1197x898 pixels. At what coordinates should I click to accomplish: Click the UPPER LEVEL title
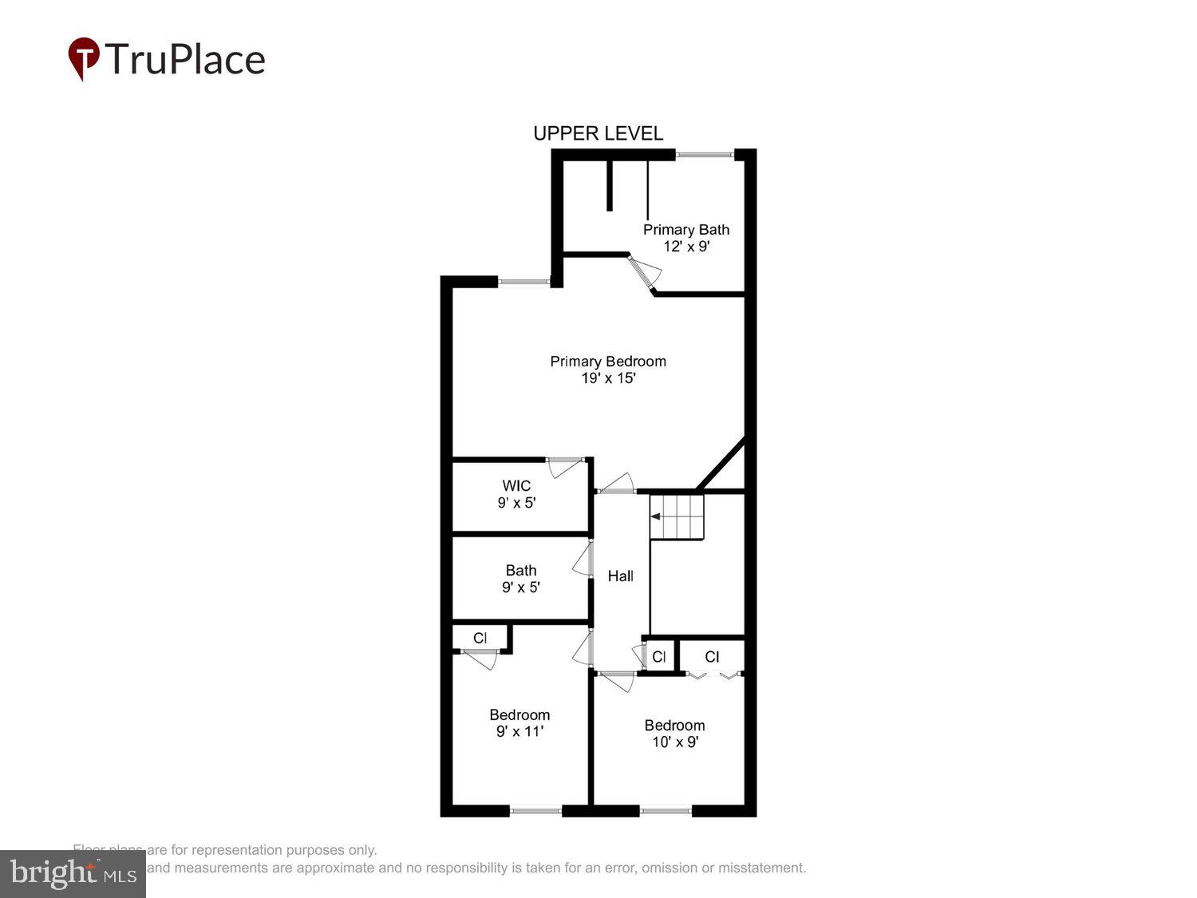(x=598, y=133)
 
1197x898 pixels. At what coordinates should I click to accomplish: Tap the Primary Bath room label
(x=686, y=230)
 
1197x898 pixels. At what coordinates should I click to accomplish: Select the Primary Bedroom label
(x=608, y=362)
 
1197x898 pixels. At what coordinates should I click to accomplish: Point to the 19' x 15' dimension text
(x=608, y=378)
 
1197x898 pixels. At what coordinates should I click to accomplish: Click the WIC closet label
(x=516, y=486)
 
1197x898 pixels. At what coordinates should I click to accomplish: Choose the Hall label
(x=621, y=576)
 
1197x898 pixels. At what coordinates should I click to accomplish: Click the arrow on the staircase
(x=655, y=516)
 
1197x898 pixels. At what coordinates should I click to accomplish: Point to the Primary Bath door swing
(x=645, y=272)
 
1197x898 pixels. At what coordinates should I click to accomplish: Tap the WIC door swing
(x=564, y=467)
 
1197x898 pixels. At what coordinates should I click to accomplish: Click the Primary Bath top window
(x=705, y=154)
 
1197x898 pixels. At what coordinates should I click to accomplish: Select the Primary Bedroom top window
(x=523, y=281)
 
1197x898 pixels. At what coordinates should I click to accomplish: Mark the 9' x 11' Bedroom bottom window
(x=535, y=811)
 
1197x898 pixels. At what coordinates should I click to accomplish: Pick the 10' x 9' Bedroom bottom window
(x=666, y=811)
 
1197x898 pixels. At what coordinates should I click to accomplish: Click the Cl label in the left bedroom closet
(x=480, y=638)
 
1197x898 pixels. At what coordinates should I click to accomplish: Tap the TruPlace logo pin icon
(x=83, y=58)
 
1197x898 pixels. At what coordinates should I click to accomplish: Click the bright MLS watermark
(x=73, y=874)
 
